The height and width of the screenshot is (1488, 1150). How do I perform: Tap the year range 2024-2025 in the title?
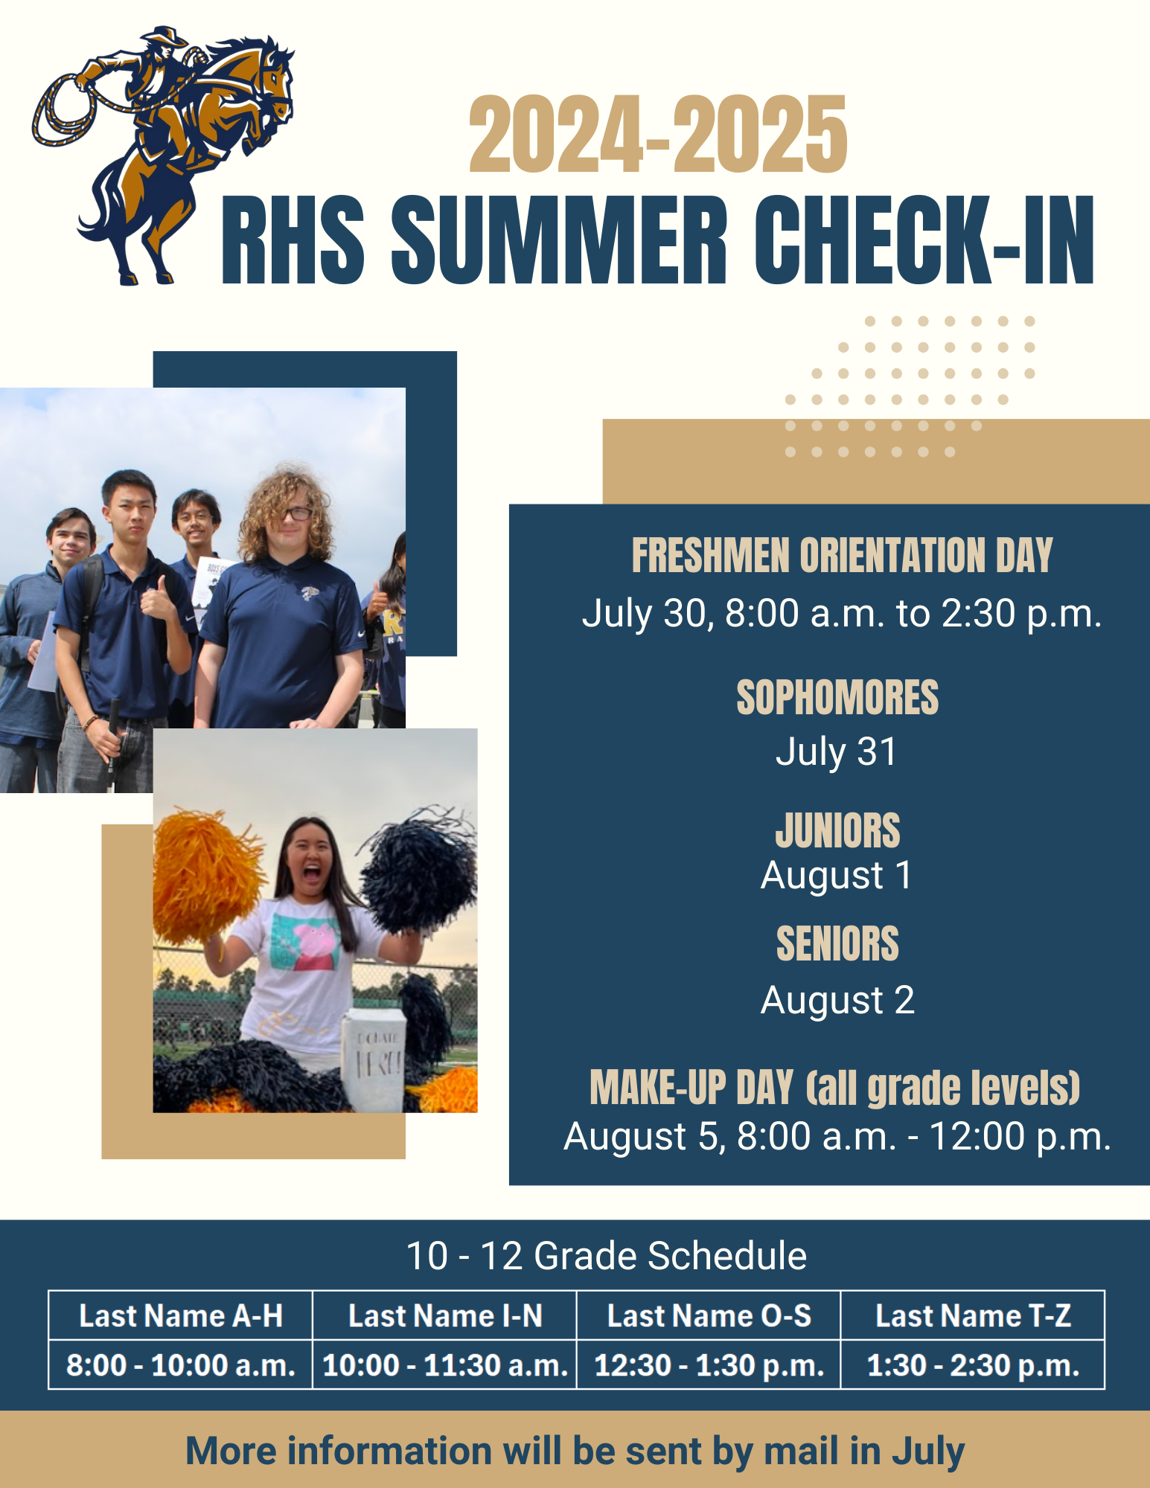658,135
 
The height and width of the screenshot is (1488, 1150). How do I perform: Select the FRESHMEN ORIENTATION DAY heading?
841,556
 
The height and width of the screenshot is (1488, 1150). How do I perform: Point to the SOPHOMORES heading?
837,698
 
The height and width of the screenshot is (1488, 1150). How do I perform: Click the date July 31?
837,751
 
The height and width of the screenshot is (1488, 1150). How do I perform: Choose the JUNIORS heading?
837,830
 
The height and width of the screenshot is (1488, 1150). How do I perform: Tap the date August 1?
837,876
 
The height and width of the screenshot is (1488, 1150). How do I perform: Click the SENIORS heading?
837,944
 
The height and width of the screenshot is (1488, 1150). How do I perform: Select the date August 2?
837,1000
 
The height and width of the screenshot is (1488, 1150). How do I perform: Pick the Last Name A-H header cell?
181,1315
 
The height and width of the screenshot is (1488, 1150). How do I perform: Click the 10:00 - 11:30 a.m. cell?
445,1365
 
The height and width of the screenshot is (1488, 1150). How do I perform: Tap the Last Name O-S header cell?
709,1315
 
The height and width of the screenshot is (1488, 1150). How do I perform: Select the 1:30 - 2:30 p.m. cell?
973,1365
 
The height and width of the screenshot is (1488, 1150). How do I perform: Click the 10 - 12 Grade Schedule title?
606,1256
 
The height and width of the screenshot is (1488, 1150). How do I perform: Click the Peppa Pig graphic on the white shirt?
313,945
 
